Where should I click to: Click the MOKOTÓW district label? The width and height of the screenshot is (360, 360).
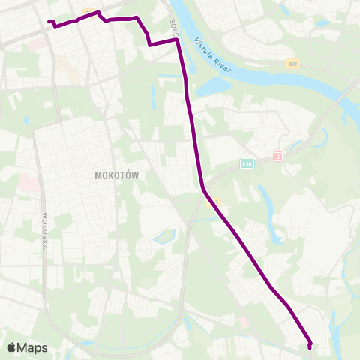pyautogui.click(x=118, y=174)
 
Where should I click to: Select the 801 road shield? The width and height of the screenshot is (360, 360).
pyautogui.click(x=293, y=64)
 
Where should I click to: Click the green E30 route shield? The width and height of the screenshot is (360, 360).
pyautogui.click(x=247, y=163)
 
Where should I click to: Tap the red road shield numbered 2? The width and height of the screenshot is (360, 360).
pyautogui.click(x=278, y=156)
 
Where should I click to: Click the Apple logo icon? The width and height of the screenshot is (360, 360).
pyautogui.click(x=12, y=347)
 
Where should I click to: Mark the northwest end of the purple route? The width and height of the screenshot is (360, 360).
pyautogui.click(x=49, y=22)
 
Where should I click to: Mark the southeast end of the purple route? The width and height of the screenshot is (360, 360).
pyautogui.click(x=310, y=346)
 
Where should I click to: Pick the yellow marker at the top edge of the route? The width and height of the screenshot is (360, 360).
pyautogui.click(x=89, y=11)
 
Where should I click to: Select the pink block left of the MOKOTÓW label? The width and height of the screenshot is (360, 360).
pyautogui.click(x=27, y=182)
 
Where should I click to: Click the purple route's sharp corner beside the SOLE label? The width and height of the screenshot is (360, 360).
pyautogui.click(x=177, y=41)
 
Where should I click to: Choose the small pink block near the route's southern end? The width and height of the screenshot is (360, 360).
pyautogui.click(x=244, y=321)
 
